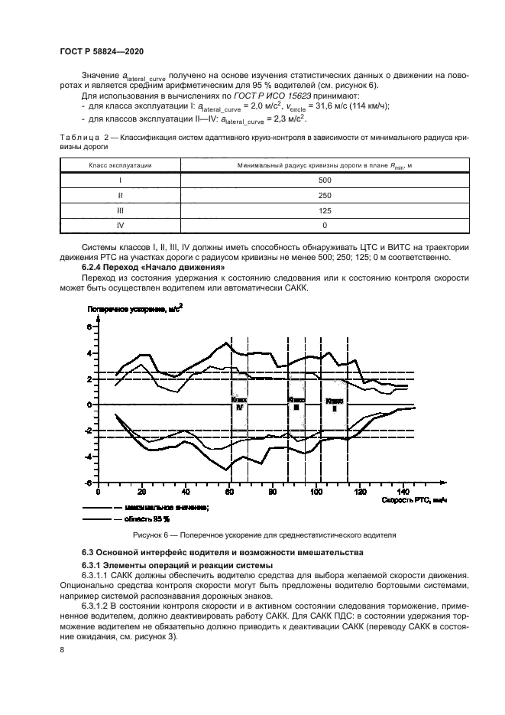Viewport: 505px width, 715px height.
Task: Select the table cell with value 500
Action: (325, 180)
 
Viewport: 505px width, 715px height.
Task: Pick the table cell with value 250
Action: (325, 194)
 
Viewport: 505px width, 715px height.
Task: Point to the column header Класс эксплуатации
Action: (120, 165)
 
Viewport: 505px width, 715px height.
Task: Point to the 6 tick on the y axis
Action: (89, 327)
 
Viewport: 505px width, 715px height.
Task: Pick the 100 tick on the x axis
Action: (316, 492)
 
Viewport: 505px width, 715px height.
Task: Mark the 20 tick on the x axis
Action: (142, 492)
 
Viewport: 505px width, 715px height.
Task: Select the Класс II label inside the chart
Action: (334, 405)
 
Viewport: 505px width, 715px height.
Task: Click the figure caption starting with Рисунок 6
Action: (265, 535)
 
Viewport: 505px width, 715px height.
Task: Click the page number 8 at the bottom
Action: (62, 650)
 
